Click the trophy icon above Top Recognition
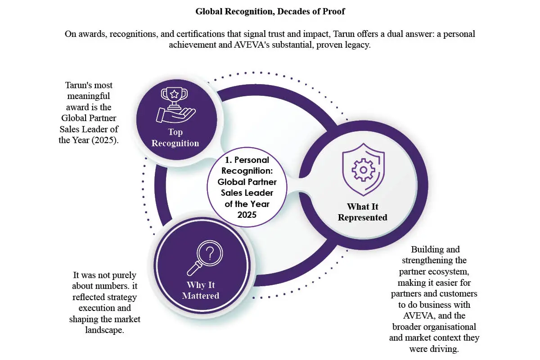pyautogui.click(x=176, y=105)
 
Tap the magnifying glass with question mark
pyautogui.click(x=205, y=258)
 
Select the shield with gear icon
pyautogui.click(x=363, y=170)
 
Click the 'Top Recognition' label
pyautogui.click(x=175, y=137)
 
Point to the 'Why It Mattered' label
pyautogui.click(x=201, y=290)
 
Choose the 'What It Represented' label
pyautogui.click(x=363, y=212)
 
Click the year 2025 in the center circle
pyautogui.click(x=247, y=215)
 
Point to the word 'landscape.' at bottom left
pyautogui.click(x=104, y=330)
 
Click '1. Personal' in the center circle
pyautogui.click(x=247, y=160)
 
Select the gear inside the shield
pyautogui.click(x=363, y=170)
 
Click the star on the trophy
pyautogui.click(x=174, y=94)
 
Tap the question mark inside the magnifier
pyautogui.click(x=210, y=253)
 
